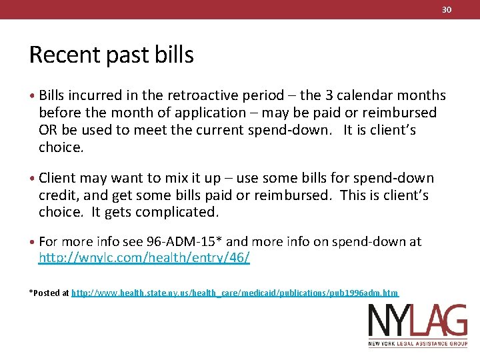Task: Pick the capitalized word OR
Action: (x=47, y=130)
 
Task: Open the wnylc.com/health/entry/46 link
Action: (x=144, y=258)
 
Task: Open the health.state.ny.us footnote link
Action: (x=235, y=293)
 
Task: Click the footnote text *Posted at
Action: (x=49, y=293)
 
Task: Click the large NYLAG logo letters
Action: (x=417, y=322)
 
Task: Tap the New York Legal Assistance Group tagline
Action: (x=417, y=345)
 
